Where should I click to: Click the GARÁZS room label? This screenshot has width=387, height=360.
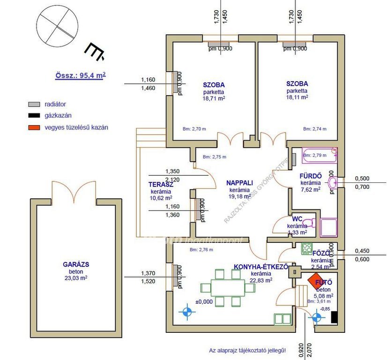[x=76, y=264]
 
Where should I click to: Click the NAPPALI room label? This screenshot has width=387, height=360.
[x=240, y=183]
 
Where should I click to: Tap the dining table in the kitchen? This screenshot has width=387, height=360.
[x=228, y=287]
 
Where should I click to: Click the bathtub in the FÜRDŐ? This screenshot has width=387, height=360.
[x=319, y=156]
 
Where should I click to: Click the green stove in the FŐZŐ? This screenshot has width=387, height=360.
[x=307, y=248]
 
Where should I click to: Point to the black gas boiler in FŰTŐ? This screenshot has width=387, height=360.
[x=334, y=317]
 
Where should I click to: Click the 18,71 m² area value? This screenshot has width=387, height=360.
[x=214, y=99]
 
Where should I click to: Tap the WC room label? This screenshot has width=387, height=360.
[x=297, y=219]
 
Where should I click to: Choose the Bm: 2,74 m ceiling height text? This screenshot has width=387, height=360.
[x=315, y=129]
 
